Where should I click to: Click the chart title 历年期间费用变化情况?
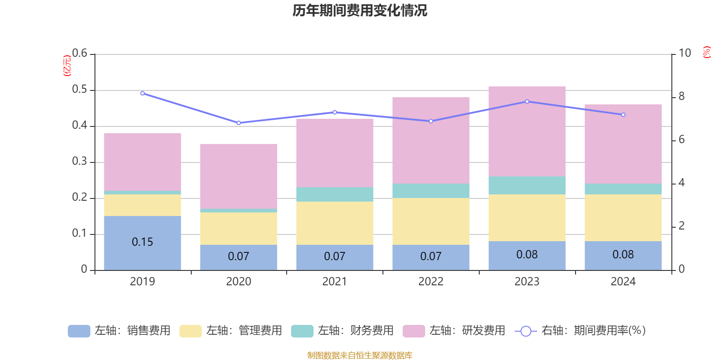(360, 10)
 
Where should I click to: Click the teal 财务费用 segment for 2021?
(334, 194)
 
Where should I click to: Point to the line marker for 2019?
(142, 93)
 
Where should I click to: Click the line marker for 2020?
(238, 123)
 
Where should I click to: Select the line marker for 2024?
(623, 115)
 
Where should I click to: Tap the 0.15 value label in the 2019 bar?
(142, 242)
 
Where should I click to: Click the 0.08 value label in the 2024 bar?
(623, 255)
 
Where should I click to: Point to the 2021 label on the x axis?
(334, 282)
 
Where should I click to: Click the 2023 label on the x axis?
(526, 282)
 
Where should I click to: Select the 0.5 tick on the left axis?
(80, 90)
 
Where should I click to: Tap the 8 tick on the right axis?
(681, 96)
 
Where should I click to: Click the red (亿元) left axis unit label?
(67, 66)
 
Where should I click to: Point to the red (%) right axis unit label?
(706, 52)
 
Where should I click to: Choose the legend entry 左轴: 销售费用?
(119, 331)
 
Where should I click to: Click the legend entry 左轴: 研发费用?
(454, 331)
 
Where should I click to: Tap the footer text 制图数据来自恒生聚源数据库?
(360, 355)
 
